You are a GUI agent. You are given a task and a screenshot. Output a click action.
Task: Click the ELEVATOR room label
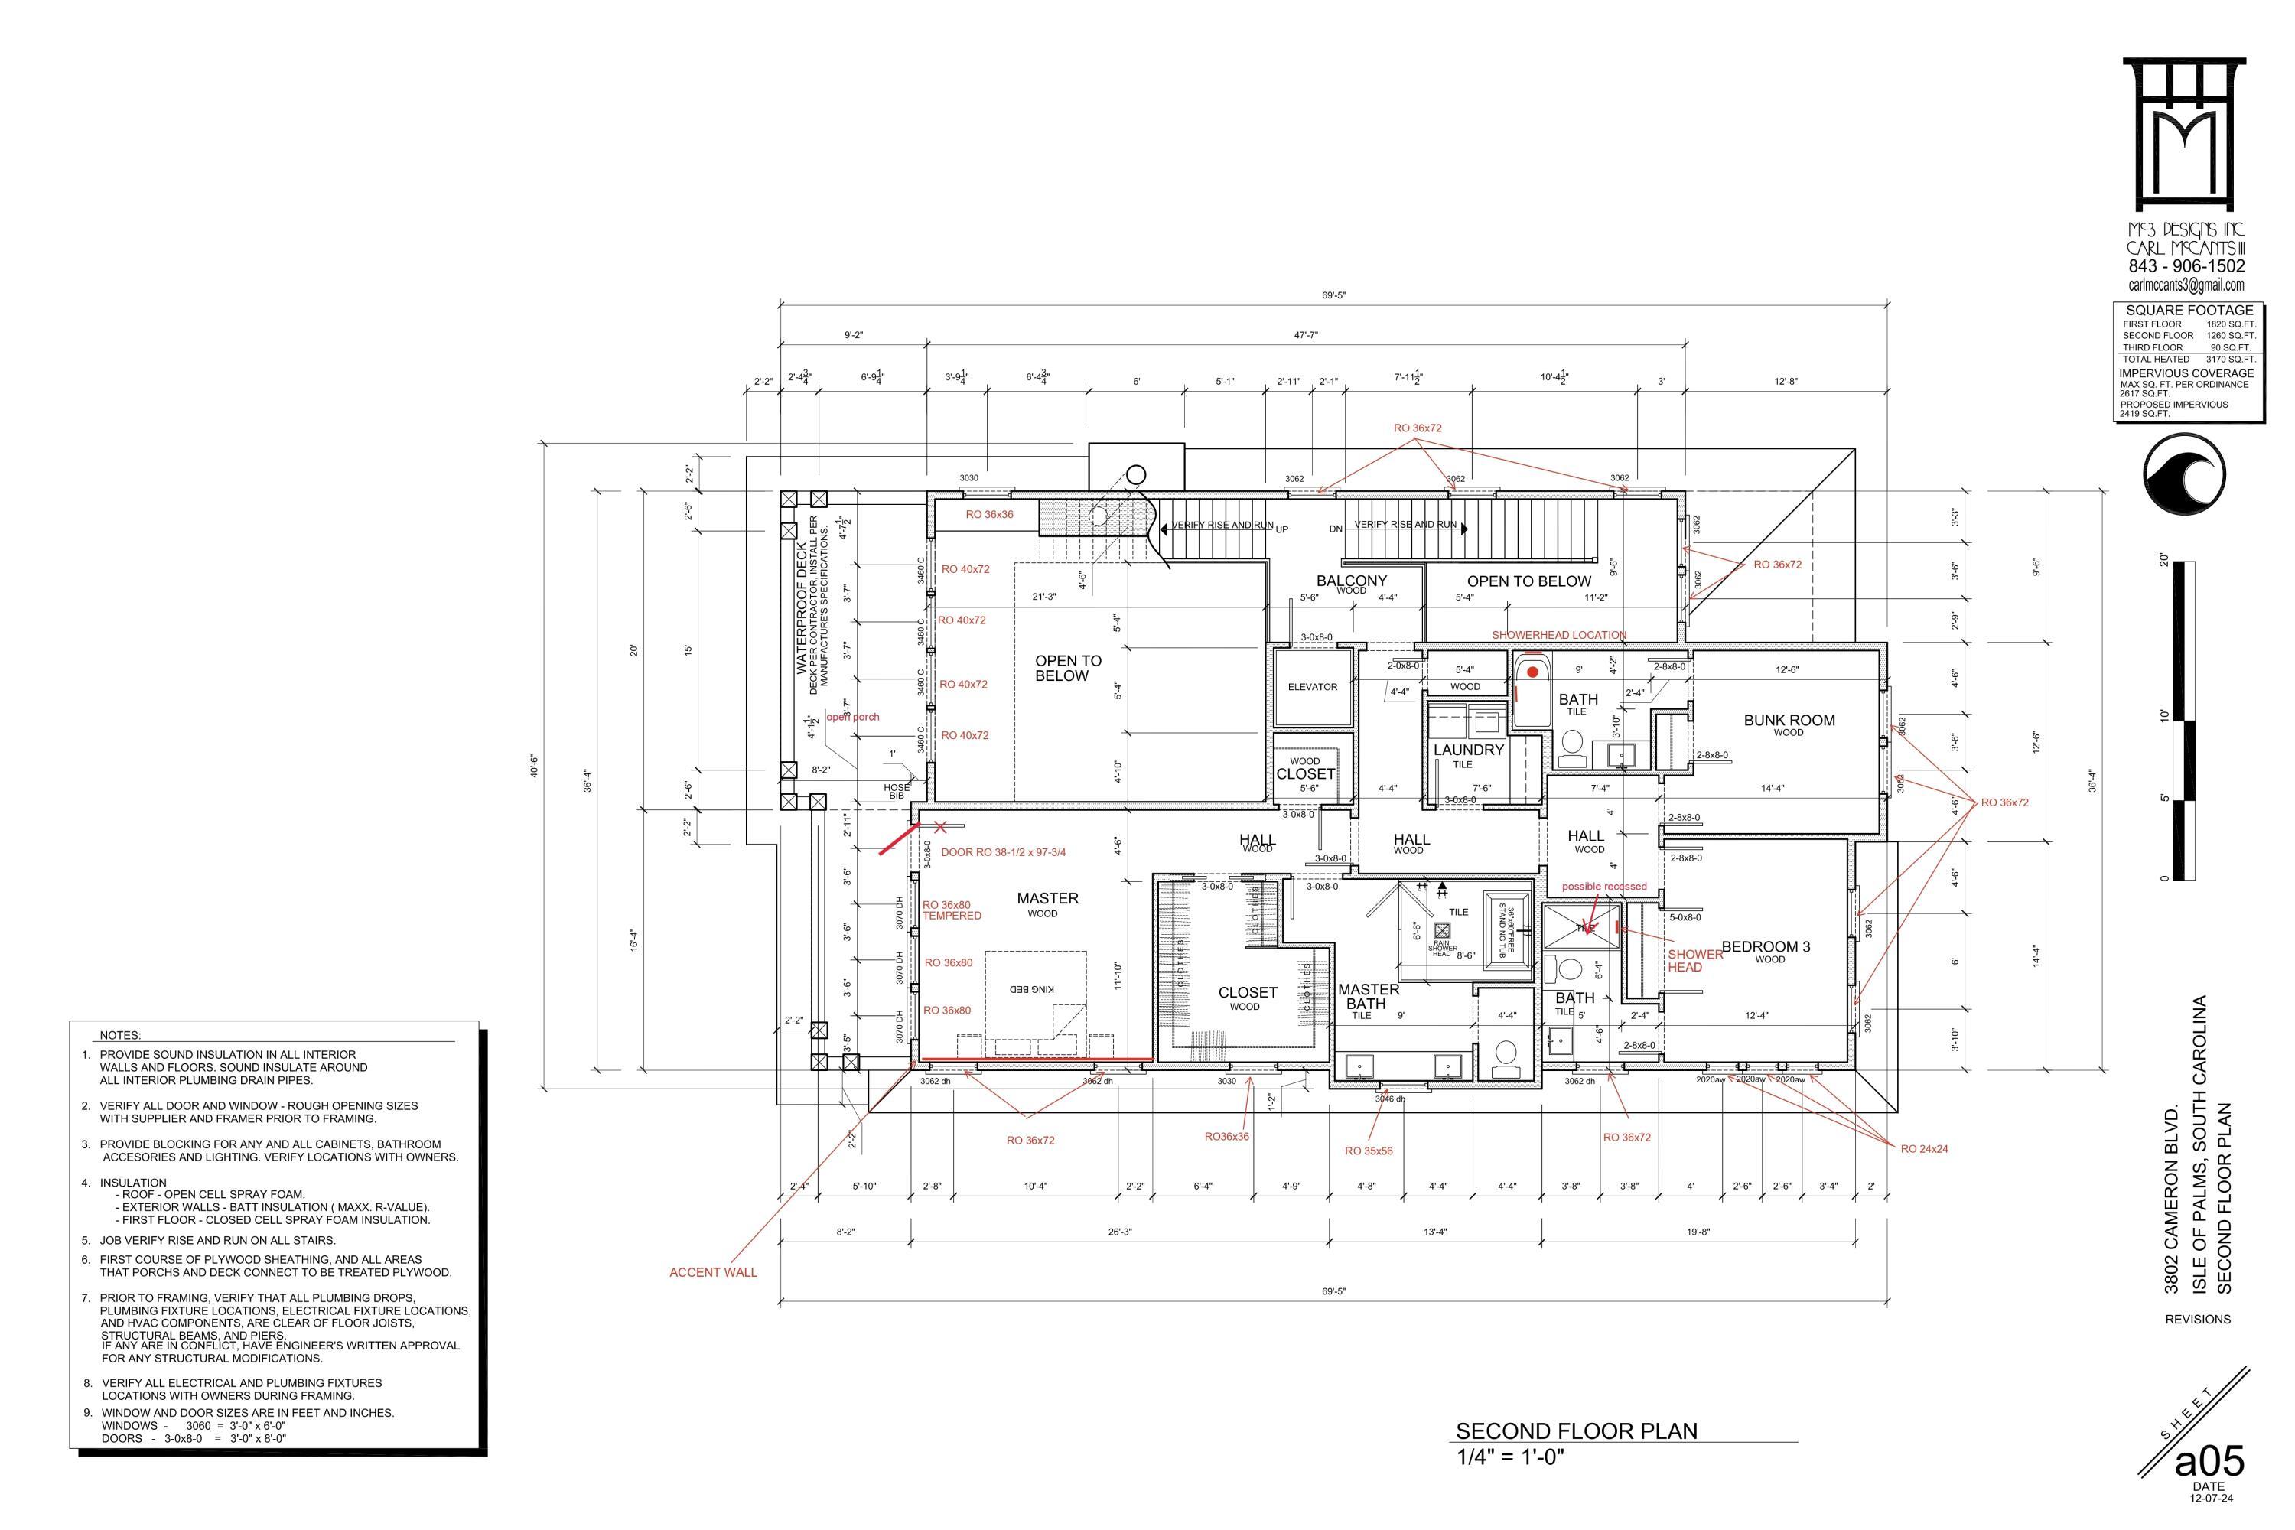point(1313,687)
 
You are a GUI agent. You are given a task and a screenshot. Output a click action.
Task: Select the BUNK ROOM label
point(1789,720)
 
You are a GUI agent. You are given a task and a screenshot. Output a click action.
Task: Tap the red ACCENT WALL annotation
point(712,1272)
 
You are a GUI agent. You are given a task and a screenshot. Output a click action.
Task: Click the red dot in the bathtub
point(1533,672)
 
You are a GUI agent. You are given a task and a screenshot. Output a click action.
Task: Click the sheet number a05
point(2209,1462)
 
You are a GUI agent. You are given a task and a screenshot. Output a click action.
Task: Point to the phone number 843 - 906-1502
point(2186,265)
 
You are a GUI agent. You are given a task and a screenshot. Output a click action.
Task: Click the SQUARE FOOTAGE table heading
point(2189,311)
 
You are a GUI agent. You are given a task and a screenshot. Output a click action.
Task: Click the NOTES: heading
point(120,1035)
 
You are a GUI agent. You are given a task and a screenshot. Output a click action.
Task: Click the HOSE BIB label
point(896,791)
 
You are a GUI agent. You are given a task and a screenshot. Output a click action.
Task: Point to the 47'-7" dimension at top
point(1307,335)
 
